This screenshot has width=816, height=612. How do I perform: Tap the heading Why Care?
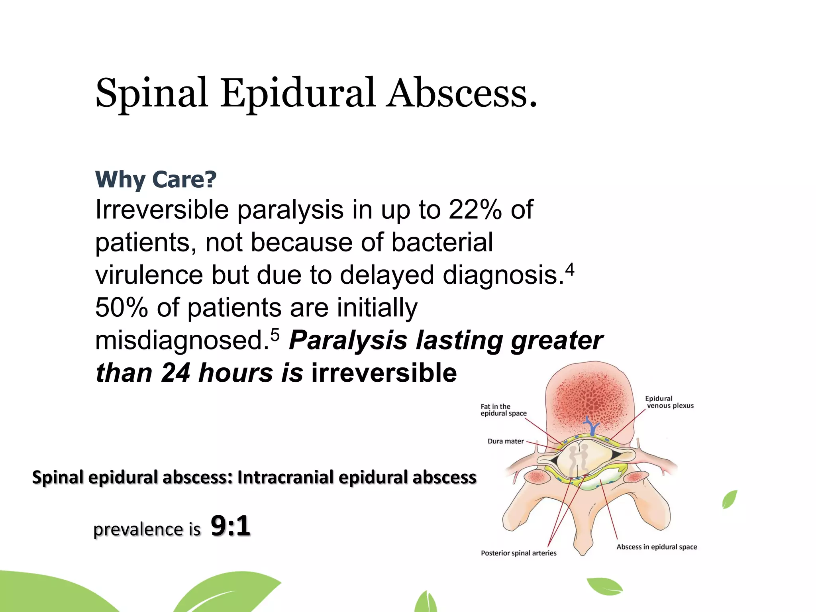(x=156, y=179)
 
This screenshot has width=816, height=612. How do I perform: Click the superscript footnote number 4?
(x=570, y=270)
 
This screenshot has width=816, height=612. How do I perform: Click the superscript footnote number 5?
(x=275, y=335)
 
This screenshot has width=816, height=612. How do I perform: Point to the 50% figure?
(x=121, y=308)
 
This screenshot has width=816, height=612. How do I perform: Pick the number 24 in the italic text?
(x=175, y=373)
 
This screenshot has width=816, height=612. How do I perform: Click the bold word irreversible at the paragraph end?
(x=384, y=373)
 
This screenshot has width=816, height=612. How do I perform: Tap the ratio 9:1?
(x=230, y=526)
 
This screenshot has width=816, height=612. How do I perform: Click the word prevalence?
(x=138, y=530)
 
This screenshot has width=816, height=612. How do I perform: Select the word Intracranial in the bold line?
(x=285, y=477)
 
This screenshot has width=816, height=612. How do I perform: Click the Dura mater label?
(x=505, y=441)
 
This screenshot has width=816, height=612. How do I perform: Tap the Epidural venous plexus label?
(x=669, y=402)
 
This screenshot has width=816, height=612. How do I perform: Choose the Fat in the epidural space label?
(x=503, y=410)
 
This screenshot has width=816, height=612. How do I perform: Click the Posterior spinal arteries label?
(x=518, y=553)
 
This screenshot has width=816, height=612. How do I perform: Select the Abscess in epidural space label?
(x=657, y=547)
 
